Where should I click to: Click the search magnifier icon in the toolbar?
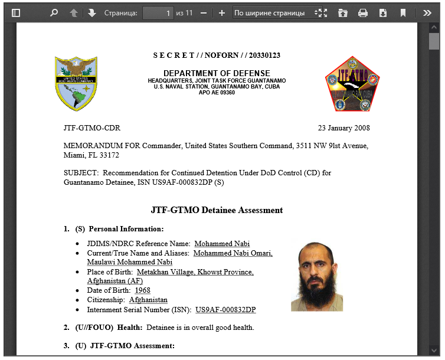[54, 12]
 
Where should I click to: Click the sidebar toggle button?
[16, 12]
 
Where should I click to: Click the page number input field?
[158, 12]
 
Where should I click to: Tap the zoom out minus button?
[204, 12]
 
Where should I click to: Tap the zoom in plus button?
[222, 12]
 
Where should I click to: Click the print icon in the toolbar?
[363, 12]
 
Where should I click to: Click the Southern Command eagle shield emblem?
[76, 83]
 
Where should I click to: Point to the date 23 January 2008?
[344, 128]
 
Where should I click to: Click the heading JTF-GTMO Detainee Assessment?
[217, 210]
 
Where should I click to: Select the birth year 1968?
[142, 290]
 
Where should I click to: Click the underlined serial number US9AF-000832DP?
[225, 309]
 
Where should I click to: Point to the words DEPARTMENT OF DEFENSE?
[217, 73]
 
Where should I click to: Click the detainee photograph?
[317, 276]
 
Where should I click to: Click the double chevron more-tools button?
[427, 12]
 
